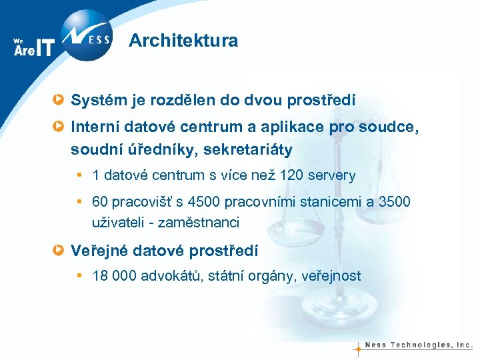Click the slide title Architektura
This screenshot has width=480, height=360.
183,41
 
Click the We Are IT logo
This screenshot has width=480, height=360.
33,47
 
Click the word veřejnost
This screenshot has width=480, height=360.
331,275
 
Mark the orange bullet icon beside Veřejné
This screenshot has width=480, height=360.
60,251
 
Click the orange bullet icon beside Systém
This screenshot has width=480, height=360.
60,101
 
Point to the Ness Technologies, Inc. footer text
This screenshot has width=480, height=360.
420,345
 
